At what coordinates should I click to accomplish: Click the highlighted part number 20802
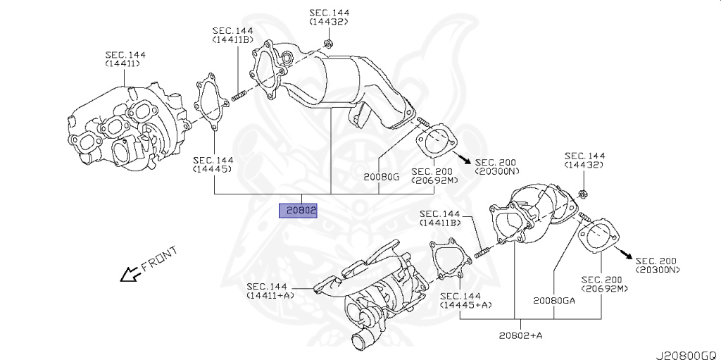pos(299,210)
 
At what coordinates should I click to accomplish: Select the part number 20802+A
pos(521,336)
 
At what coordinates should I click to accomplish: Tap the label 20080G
pos(381,177)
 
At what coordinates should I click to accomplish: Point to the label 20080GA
pos(553,300)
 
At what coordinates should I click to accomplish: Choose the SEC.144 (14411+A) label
pos(270,290)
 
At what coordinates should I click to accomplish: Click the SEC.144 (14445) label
pos(214,165)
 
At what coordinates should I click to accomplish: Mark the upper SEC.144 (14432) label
pos(329,17)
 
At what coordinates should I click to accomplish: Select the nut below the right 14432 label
pos(584,194)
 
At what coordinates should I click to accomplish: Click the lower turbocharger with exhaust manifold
pos(373,289)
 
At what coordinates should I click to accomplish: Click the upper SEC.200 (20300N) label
pos(496,166)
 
